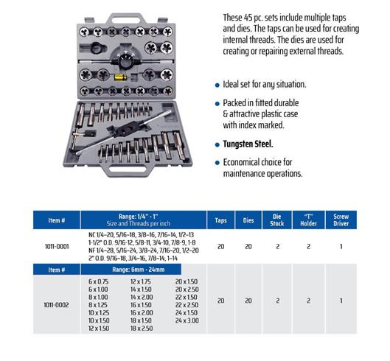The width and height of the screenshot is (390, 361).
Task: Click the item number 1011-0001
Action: (57, 247)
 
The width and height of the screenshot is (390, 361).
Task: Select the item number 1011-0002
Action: (57, 305)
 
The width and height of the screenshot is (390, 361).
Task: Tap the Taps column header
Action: (220, 220)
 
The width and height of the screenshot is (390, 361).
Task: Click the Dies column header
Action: (248, 220)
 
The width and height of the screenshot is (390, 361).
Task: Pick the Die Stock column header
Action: (277, 220)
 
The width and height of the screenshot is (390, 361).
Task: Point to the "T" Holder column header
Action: (308, 220)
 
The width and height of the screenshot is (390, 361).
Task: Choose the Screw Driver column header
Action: (341, 220)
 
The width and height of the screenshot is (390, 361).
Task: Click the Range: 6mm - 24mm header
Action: (139, 270)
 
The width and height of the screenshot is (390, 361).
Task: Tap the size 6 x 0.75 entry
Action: (99, 281)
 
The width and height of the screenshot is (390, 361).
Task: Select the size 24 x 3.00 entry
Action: (187, 320)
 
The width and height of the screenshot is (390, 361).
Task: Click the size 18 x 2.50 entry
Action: (142, 329)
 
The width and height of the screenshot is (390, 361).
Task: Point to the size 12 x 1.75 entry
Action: (141, 281)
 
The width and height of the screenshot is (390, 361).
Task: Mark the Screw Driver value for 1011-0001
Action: (341, 247)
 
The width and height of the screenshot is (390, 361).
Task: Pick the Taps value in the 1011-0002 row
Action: (220, 301)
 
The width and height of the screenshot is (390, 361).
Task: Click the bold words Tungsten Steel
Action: (248, 144)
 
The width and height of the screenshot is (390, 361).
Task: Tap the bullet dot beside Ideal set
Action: (217, 85)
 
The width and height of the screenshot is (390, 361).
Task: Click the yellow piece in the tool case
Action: (120, 77)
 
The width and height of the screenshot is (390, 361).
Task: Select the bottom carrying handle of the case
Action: (127, 169)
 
